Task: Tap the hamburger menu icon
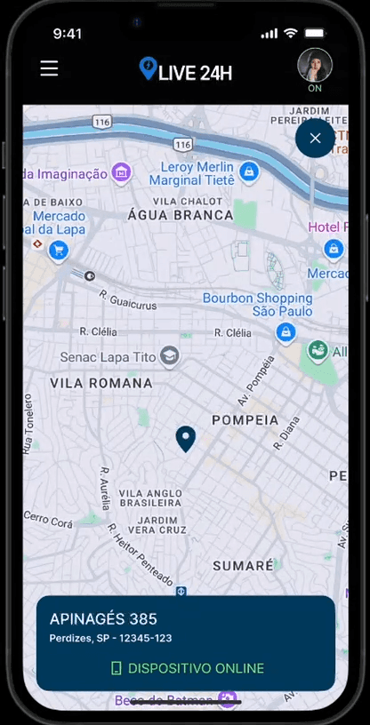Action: pos(49,68)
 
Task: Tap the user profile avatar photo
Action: pos(315,65)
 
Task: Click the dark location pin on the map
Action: pos(185,438)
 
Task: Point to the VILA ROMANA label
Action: pos(101,383)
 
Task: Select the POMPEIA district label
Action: pos(245,419)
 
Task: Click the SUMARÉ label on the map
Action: pos(243,565)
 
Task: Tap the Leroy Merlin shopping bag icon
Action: pos(250,172)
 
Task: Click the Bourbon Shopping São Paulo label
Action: pos(258,305)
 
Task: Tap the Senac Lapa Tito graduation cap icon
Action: pos(169,357)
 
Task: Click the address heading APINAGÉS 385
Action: pos(103,619)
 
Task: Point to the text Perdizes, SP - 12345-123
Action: pos(110,638)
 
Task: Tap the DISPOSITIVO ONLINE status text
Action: pos(196,668)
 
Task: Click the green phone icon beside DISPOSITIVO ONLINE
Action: pos(116,668)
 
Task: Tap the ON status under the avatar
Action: pos(315,89)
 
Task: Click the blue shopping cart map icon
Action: pos(59,251)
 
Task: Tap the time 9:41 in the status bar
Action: pos(68,34)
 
